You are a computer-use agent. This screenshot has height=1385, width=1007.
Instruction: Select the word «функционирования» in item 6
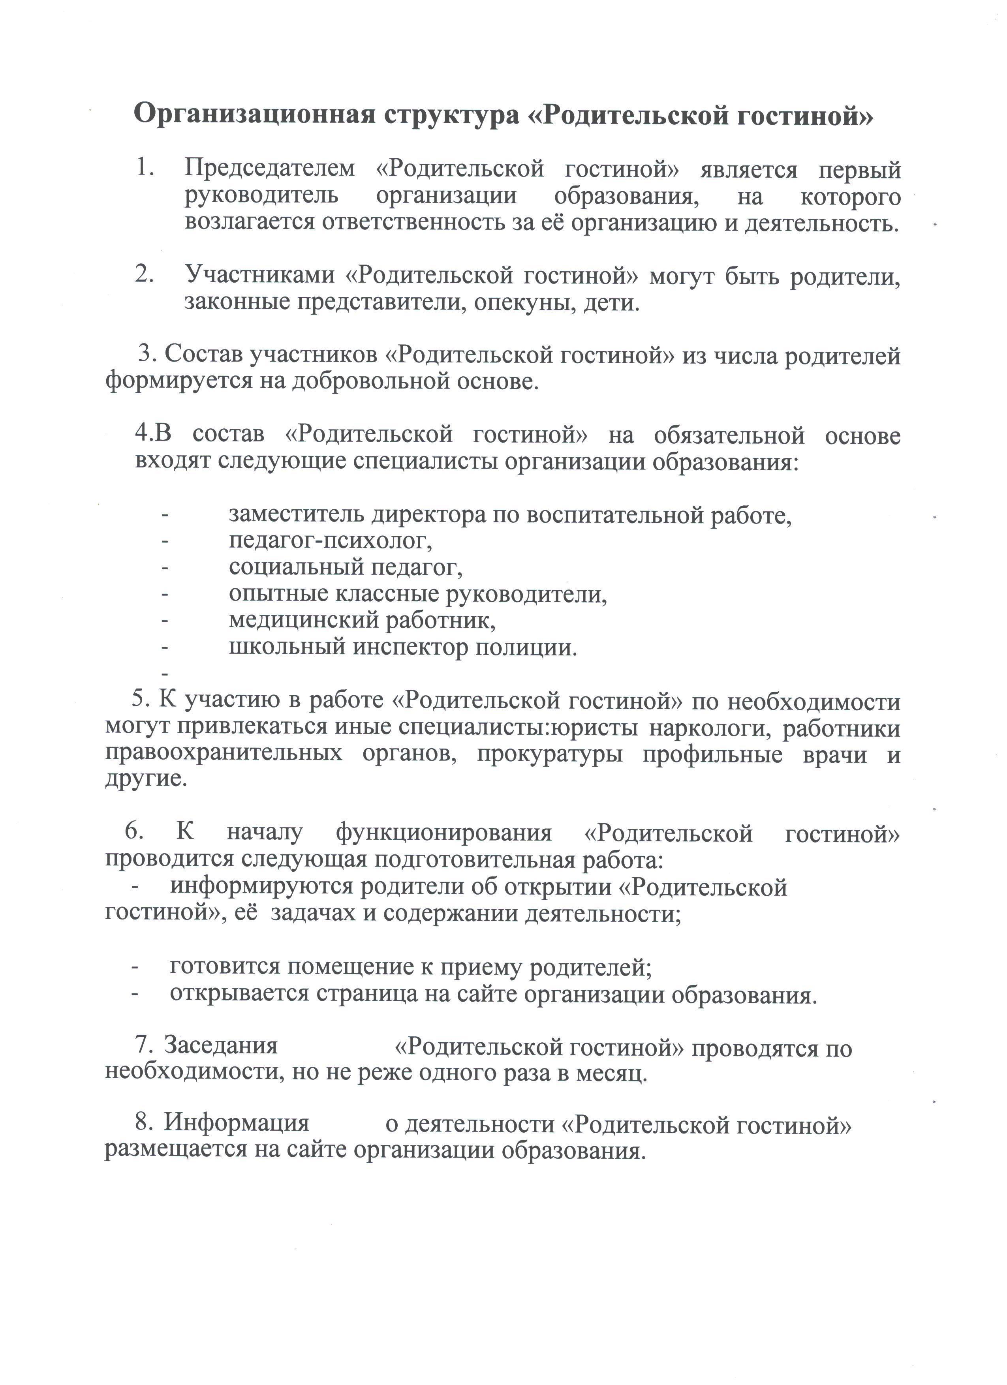[443, 833]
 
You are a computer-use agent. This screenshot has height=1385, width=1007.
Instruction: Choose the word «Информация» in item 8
[237, 1123]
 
